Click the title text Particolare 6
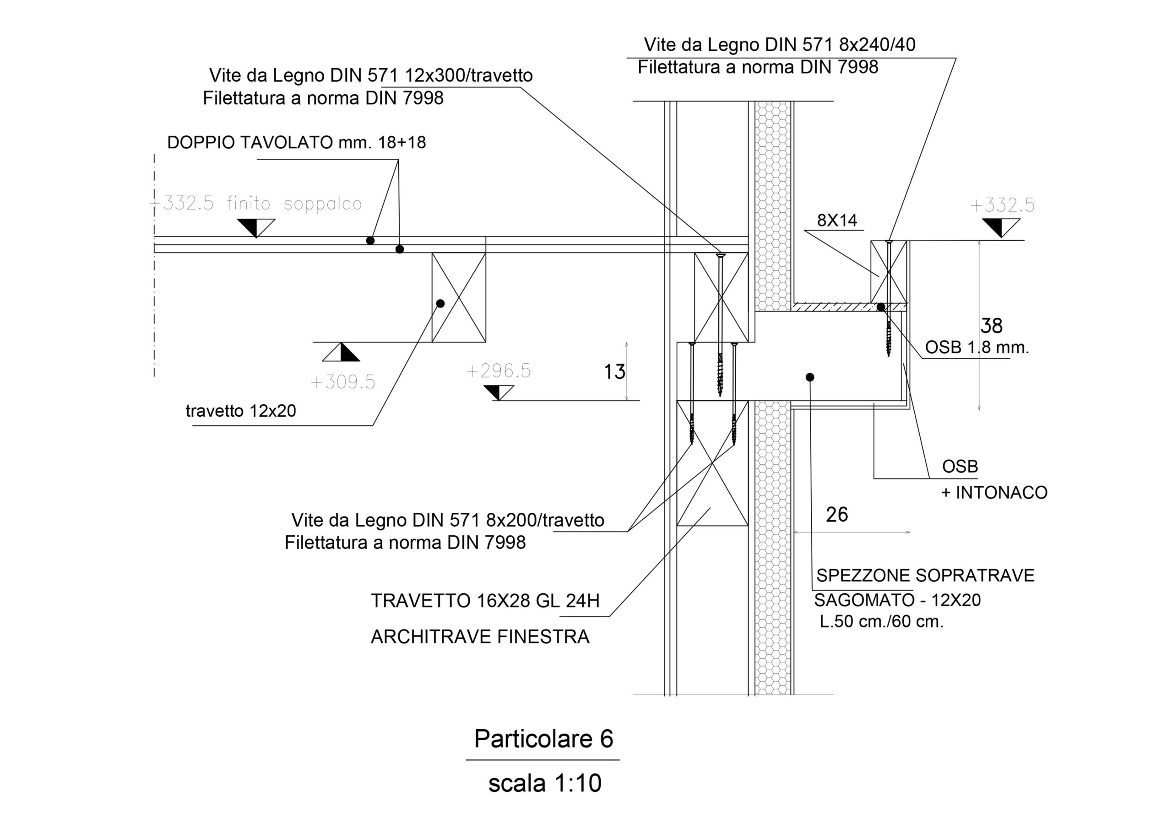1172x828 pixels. [x=543, y=739]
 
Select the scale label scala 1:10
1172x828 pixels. [x=545, y=783]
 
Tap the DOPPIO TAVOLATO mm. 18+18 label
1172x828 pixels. [x=296, y=143]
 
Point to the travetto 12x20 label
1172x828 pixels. [x=240, y=411]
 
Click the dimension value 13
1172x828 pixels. [x=614, y=372]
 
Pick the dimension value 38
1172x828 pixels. [x=991, y=326]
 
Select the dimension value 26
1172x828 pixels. [x=836, y=515]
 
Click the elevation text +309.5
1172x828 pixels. [x=342, y=382]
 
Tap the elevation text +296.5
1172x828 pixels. [x=498, y=371]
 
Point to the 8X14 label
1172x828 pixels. [x=837, y=220]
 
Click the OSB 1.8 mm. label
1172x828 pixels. [x=977, y=348]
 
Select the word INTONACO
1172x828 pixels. [x=1001, y=493]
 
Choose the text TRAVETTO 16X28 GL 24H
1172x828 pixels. [x=485, y=601]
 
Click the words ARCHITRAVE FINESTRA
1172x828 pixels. [x=480, y=637]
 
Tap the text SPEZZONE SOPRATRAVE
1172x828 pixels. [x=925, y=575]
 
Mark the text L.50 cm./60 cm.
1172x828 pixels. [x=882, y=621]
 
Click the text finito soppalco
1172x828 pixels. [x=294, y=204]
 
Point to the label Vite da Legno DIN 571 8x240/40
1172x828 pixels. [x=779, y=45]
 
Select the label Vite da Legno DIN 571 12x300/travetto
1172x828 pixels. [x=370, y=75]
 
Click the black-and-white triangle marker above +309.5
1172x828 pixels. [x=341, y=352]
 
